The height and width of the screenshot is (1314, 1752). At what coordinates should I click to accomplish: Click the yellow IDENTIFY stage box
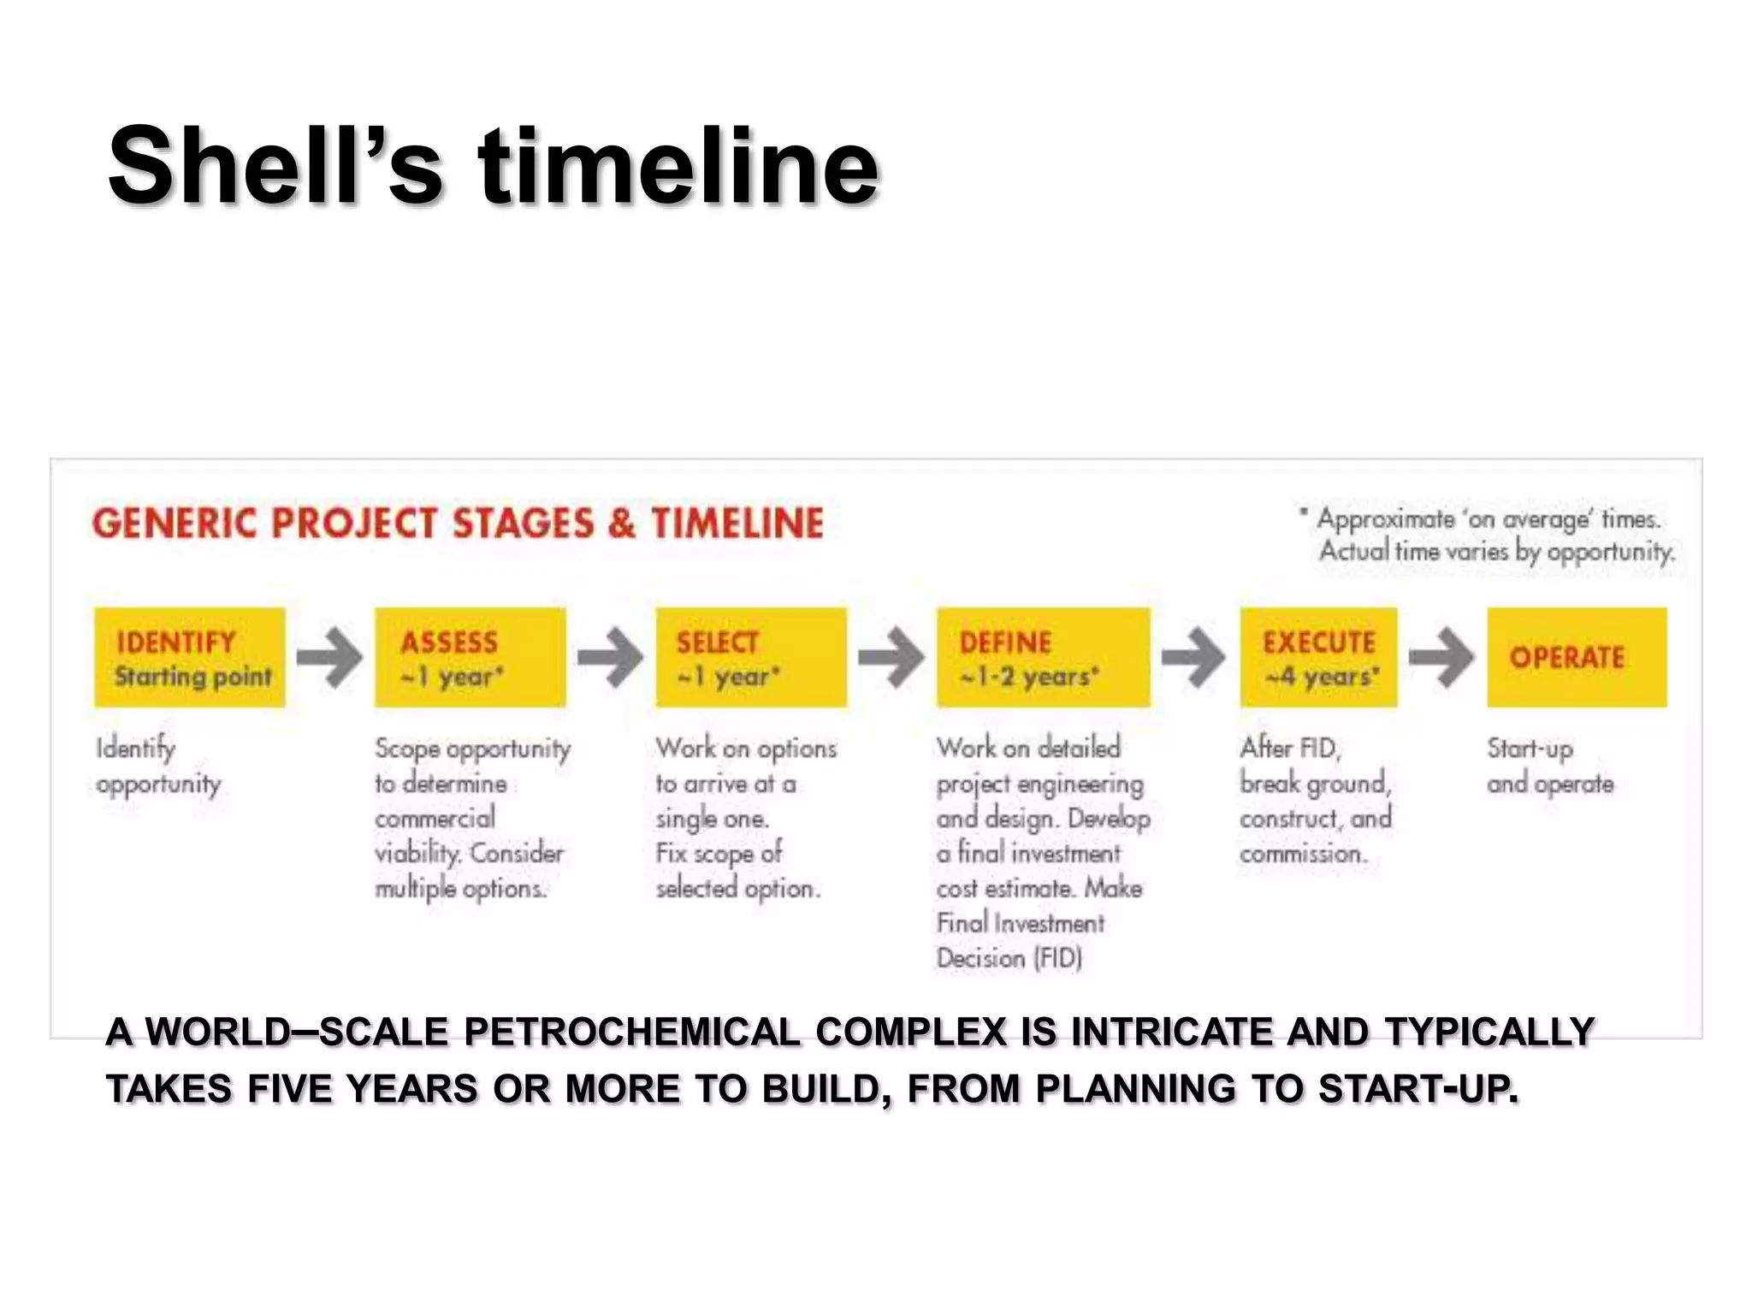coord(189,657)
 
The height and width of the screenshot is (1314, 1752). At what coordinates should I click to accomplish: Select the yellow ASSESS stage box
coord(470,657)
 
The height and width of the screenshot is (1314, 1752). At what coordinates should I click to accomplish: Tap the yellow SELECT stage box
coord(750,657)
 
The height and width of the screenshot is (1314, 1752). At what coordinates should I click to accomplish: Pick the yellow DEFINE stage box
coord(1043,657)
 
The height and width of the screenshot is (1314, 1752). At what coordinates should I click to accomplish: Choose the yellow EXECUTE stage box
coord(1318,657)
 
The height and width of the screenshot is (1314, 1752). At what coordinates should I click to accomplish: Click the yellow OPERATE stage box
coord(1576,657)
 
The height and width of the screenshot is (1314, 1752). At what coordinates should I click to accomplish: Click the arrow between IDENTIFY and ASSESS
coord(329,657)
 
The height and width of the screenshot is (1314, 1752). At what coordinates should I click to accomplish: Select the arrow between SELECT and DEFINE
coord(891,657)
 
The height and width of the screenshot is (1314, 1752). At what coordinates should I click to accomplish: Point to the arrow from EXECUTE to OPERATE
coord(1441,657)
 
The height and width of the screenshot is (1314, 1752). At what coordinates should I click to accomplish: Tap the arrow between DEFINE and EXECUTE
coord(1193,657)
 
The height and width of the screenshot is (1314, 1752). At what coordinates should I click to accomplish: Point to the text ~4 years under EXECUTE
coord(1322,677)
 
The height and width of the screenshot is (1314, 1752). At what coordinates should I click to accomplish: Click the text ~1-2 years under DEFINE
coord(1028,677)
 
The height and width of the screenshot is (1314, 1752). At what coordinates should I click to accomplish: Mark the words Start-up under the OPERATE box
coord(1530,749)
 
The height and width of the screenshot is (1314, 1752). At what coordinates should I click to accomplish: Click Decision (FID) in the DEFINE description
coord(1009,958)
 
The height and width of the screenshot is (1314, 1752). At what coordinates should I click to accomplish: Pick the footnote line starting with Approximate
coord(1488,519)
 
